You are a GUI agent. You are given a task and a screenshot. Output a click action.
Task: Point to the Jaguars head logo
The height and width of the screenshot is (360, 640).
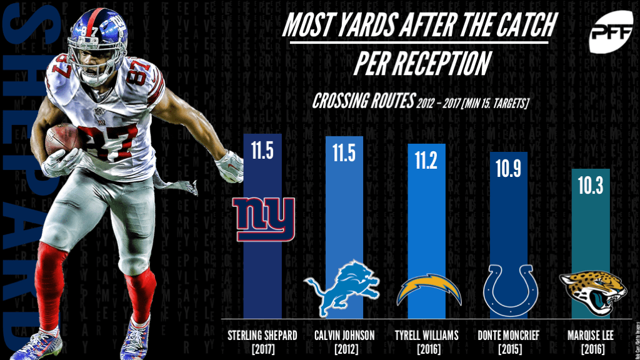(588, 289)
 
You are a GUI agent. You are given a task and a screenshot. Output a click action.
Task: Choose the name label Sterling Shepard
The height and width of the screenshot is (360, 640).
(262, 335)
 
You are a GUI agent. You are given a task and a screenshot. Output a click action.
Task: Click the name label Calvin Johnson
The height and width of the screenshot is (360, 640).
(344, 335)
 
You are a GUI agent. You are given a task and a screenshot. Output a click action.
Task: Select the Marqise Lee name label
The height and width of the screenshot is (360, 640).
(591, 335)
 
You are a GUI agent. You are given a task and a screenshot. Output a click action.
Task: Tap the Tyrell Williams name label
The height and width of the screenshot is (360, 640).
(426, 335)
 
